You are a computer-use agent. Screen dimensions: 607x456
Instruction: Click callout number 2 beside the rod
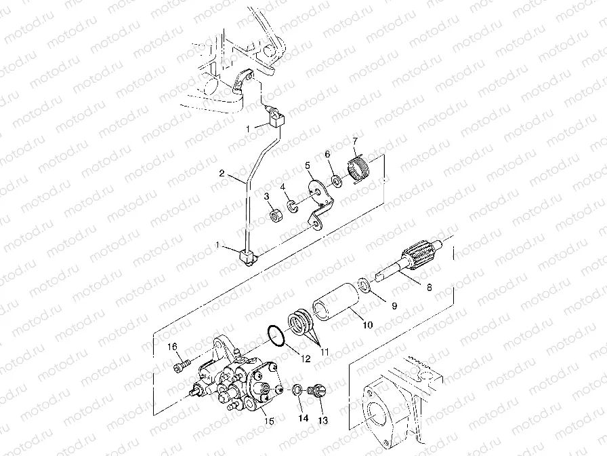point(221,174)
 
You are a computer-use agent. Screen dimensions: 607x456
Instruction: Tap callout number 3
point(267,196)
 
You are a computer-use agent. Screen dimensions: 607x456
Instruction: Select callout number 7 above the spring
point(354,140)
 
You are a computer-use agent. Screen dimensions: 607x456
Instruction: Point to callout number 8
point(427,287)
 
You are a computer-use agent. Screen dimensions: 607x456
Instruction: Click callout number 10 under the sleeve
point(367,325)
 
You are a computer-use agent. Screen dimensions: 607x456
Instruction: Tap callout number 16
point(173,347)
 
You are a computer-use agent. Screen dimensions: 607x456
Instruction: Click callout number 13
point(322,421)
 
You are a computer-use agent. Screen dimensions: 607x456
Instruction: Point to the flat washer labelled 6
point(336,180)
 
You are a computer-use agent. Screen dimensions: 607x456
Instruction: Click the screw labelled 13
point(314,392)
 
